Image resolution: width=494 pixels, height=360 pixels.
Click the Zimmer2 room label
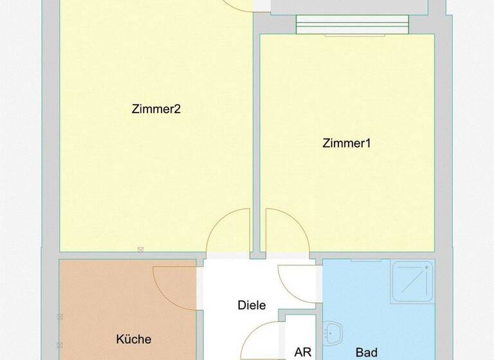tap(156, 109)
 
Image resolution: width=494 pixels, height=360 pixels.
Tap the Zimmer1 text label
tap(347, 143)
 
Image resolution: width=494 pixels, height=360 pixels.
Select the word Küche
tap(134, 339)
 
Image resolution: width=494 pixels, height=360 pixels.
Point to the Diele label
tap(252, 305)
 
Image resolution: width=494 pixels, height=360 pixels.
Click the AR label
tap(302, 352)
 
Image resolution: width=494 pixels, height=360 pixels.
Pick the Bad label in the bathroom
tap(366, 352)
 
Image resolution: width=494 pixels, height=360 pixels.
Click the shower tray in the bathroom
tap(412, 282)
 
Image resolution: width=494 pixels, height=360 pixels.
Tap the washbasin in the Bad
tap(333, 332)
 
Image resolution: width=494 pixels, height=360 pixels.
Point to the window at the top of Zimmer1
tap(352, 26)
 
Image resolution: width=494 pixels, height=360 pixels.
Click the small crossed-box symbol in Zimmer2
tap(140, 249)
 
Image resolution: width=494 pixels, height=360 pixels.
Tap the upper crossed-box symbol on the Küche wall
tap(60, 317)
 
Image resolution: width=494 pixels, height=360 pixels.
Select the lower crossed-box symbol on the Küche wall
tap(60, 345)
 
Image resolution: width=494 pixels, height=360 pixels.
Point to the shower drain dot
tap(424, 271)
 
